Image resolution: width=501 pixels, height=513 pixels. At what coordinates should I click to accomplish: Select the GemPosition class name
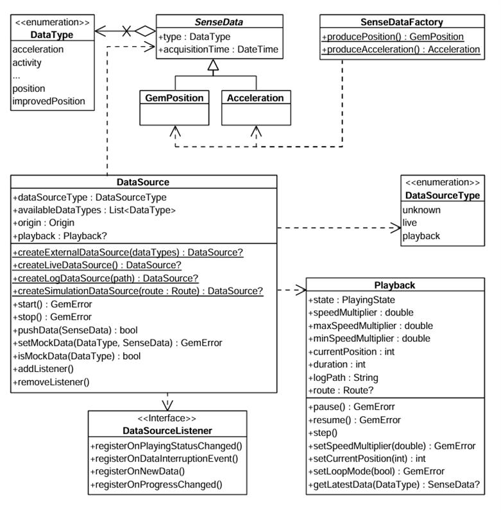pyautogui.click(x=174, y=98)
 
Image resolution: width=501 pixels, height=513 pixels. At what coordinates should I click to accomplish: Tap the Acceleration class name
pyautogui.click(x=255, y=98)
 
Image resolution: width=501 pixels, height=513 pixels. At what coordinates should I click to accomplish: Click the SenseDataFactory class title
pyautogui.click(x=402, y=22)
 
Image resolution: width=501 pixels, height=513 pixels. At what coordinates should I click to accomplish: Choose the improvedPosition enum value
pyautogui.click(x=48, y=101)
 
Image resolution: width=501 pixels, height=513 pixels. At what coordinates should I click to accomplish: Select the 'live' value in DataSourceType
pyautogui.click(x=410, y=223)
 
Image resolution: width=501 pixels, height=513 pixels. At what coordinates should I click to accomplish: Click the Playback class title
pyautogui.click(x=395, y=285)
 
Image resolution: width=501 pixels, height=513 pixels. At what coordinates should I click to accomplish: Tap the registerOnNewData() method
pyautogui.click(x=139, y=471)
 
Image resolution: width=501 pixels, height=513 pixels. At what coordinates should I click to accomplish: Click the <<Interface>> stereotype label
pyautogui.click(x=167, y=419)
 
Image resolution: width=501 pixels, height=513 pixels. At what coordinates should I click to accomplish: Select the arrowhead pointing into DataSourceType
pyautogui.click(x=395, y=227)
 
